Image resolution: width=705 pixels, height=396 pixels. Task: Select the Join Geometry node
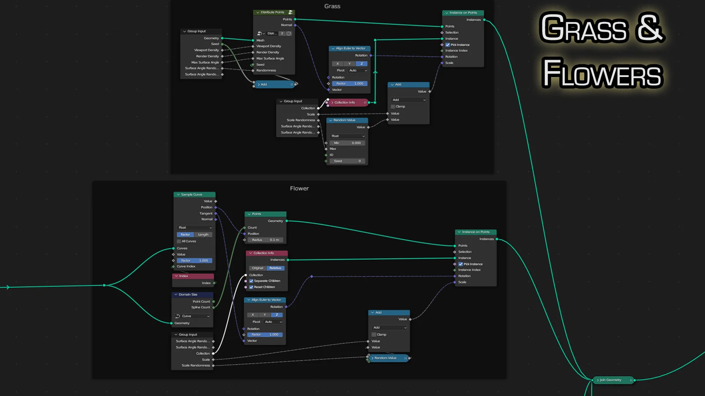pos(613,380)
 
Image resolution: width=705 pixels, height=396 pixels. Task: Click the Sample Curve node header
pos(194,194)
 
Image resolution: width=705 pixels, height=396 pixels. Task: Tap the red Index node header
pos(192,276)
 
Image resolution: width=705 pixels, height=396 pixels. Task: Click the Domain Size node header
pos(192,294)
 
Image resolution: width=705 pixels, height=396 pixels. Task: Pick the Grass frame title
pos(332,6)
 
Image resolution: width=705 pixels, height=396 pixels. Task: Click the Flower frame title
pos(299,188)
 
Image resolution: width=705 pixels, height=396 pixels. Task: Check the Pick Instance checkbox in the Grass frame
pos(448,45)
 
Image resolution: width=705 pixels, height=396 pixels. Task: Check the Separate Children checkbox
pos(251,281)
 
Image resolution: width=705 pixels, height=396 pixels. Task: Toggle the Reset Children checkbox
pos(251,287)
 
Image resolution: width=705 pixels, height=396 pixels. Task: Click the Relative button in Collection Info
pos(275,268)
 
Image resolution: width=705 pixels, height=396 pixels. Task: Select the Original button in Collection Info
pos(258,268)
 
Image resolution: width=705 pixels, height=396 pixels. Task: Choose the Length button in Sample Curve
pos(203,235)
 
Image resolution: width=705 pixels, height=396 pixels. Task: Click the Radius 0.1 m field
pos(266,240)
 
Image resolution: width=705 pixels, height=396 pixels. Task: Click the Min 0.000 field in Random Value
pos(348,143)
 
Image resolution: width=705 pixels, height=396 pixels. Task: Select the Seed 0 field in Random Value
pos(348,161)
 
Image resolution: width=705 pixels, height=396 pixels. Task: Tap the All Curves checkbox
pos(179,241)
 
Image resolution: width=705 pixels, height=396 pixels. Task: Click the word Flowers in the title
pos(602,73)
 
